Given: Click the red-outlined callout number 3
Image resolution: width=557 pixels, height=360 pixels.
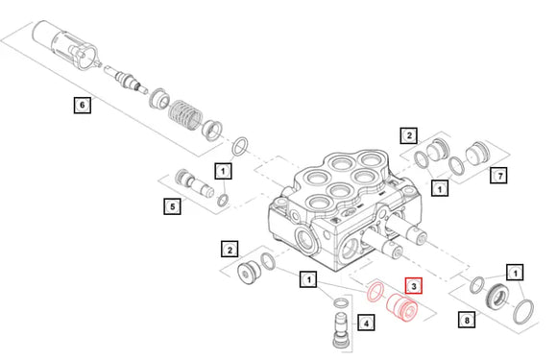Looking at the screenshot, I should coord(414,286).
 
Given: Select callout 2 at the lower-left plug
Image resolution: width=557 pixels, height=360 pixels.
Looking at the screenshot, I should coord(230,250).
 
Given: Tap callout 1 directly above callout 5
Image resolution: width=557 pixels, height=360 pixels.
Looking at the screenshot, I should coord(223,172).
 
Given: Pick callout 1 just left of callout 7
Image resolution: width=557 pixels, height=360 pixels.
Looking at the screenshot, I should coord(439,189).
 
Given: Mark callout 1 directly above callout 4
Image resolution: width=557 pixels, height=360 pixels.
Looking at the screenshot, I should coord(308,279).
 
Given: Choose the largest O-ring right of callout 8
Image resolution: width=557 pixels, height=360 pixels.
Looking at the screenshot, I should coord(524,310).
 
